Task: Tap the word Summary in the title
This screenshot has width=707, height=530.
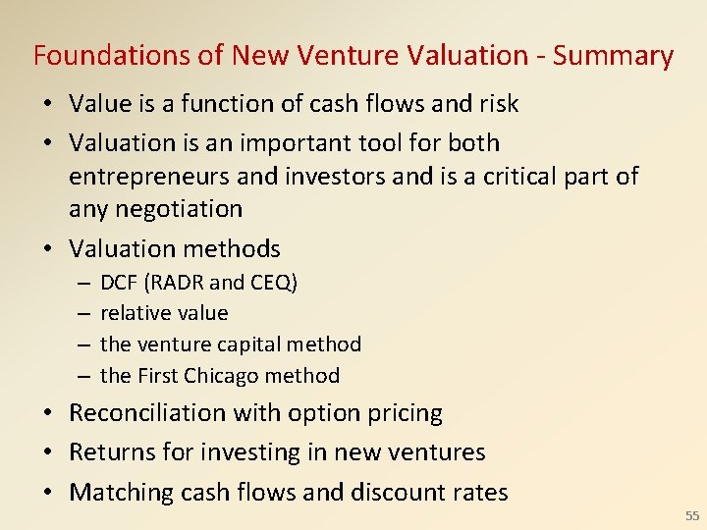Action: click(x=613, y=56)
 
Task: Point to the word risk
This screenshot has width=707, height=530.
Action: click(x=493, y=103)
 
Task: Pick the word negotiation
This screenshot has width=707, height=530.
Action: click(x=155, y=209)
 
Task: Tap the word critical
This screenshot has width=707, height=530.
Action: click(x=517, y=177)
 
